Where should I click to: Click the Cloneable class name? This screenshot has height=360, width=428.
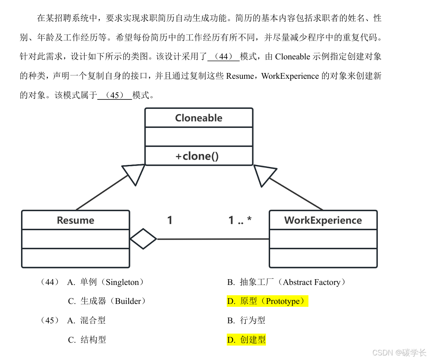198,118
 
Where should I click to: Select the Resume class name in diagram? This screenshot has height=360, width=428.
75,220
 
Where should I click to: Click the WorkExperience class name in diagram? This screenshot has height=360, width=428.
323,220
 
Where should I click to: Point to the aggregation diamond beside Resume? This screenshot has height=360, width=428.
143,239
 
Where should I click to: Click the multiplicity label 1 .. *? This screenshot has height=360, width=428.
240,220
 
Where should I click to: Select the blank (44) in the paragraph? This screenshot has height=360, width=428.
223,56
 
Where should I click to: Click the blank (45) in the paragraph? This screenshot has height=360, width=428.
115,95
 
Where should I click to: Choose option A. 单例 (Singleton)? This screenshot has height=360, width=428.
106,282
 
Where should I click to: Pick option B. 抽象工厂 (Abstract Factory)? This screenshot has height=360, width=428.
287,282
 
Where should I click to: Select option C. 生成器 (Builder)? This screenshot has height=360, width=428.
107,301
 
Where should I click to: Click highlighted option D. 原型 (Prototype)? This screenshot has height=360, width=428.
267,301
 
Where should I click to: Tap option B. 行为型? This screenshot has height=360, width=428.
246,320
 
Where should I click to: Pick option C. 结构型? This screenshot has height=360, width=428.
87,340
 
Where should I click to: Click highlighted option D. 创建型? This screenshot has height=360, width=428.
246,340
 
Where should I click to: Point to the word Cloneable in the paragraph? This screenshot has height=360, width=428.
292,56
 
